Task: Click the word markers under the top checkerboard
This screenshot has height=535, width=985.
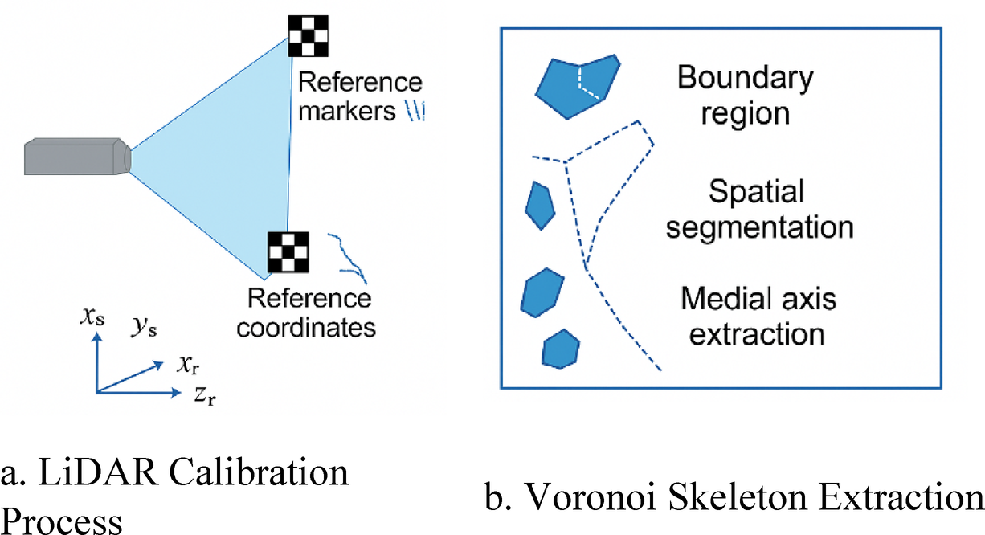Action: (346, 112)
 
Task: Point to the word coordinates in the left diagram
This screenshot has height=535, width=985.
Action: (310, 328)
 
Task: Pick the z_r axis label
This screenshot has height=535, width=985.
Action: (206, 397)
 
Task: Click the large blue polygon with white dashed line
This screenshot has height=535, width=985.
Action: (576, 85)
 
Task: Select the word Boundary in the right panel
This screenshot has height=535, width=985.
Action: (744, 79)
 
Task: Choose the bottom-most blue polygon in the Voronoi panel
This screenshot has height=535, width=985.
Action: (560, 349)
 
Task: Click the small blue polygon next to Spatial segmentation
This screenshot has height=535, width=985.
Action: (539, 204)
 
